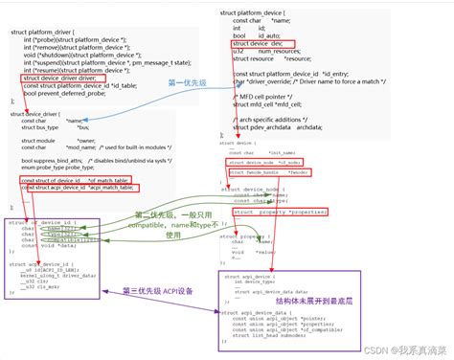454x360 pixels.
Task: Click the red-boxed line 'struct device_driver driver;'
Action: click(x=60, y=78)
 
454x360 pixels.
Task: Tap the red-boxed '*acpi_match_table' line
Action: click(x=77, y=188)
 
